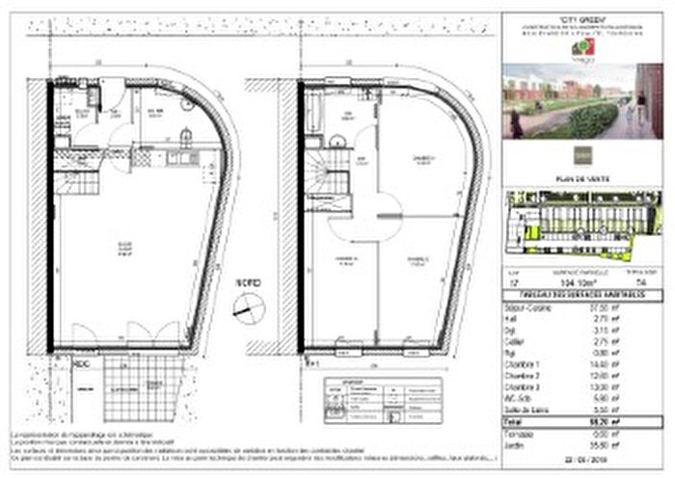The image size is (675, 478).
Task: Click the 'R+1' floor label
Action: coord(310,365)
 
